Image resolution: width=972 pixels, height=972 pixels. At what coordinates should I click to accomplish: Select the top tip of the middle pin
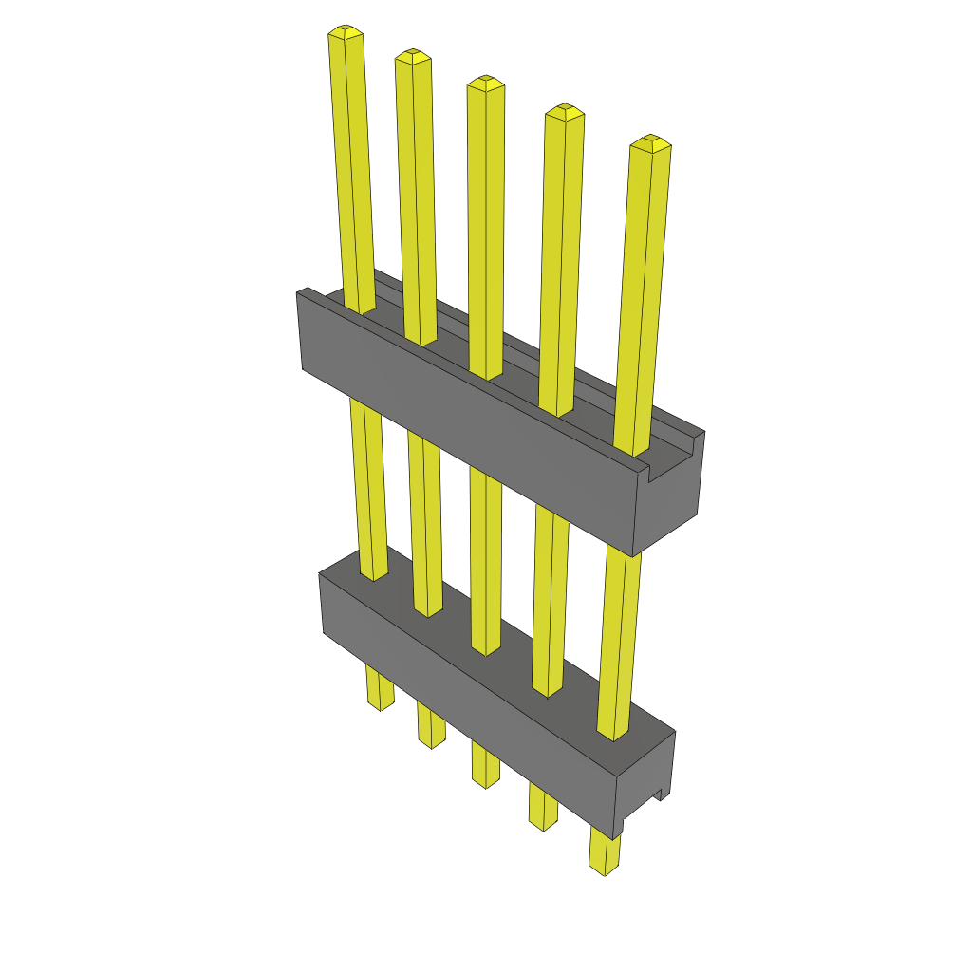[x=485, y=84]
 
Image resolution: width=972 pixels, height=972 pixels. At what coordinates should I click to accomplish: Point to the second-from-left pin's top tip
[x=413, y=57]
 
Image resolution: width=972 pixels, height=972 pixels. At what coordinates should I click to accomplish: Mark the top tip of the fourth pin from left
[x=564, y=112]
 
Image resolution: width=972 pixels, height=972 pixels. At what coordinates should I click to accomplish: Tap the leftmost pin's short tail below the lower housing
[x=380, y=689]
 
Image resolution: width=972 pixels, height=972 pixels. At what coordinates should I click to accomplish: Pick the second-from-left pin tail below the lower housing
[x=431, y=727]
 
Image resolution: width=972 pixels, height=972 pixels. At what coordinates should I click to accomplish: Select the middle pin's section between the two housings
[x=485, y=560]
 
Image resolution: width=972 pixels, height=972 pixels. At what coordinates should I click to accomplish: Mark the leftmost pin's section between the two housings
[x=368, y=484]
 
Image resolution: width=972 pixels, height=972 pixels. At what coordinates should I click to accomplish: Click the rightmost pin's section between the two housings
[x=619, y=645]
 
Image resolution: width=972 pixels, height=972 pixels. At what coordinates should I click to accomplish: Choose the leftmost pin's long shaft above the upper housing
[x=352, y=171]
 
